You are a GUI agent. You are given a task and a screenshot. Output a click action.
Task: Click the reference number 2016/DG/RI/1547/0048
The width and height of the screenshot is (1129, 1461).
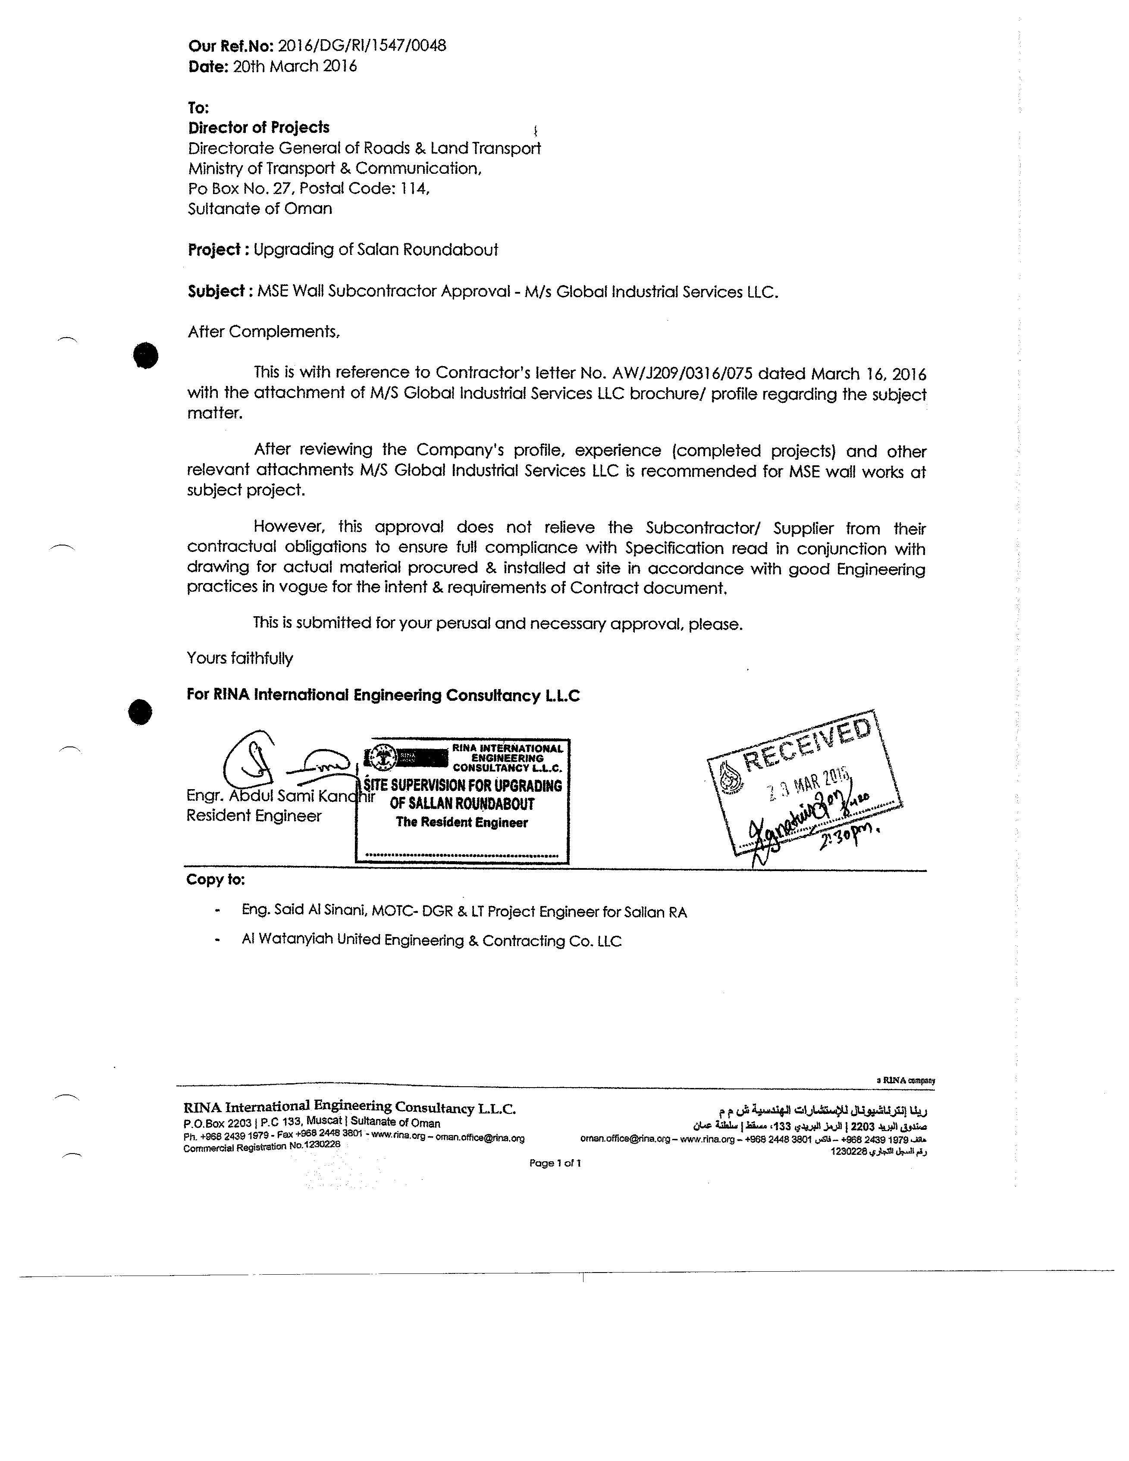361,45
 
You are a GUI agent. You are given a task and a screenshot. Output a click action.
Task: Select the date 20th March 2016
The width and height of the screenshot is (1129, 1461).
294,66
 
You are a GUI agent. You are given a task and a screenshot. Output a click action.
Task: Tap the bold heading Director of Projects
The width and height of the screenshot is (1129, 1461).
259,127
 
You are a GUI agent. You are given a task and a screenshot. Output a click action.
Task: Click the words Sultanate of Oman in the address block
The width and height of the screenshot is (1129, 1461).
260,209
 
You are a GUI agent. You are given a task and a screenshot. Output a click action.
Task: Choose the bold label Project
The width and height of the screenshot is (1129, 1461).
214,250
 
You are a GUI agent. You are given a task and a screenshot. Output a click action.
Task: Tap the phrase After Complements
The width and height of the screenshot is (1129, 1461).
263,332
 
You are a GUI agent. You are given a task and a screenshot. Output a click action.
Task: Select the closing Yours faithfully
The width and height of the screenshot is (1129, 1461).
239,658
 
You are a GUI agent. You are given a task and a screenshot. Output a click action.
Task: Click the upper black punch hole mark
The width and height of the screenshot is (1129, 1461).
146,355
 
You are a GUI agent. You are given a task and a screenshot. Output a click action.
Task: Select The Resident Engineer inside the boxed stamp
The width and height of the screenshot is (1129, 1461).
461,823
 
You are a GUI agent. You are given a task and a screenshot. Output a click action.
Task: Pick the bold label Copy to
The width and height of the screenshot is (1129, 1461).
215,880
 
